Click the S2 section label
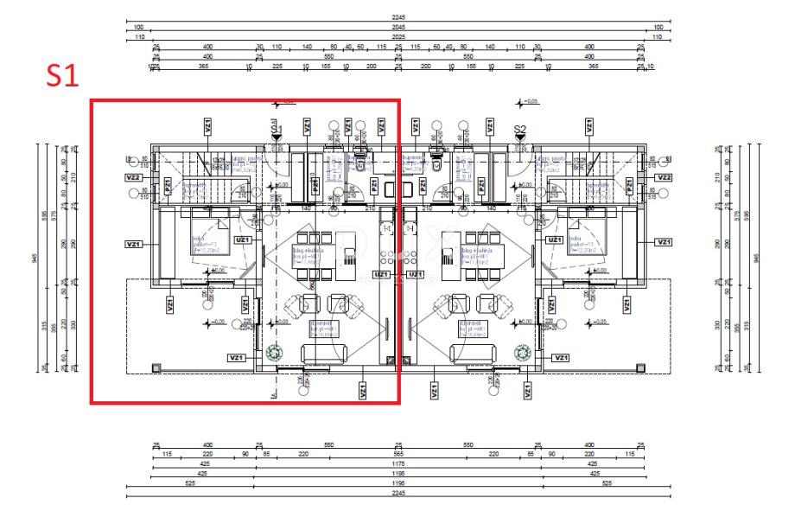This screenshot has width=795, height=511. pyautogui.click(x=520, y=130)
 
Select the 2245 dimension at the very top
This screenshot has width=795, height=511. pyautogui.click(x=398, y=16)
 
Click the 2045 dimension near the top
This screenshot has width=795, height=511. pyautogui.click(x=398, y=27)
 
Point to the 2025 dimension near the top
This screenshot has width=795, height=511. pyautogui.click(x=398, y=37)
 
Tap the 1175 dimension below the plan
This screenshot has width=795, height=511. pyautogui.click(x=398, y=463)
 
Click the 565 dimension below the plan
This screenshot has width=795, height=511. pyautogui.click(x=398, y=454)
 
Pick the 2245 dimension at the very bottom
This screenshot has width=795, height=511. pyautogui.click(x=398, y=493)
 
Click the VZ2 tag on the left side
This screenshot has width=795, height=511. pyautogui.click(x=133, y=177)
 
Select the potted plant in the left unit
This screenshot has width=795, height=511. pyautogui.click(x=276, y=352)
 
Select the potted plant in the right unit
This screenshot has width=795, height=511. pyautogui.click(x=521, y=352)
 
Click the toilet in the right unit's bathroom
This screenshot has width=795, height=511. pyautogui.click(x=437, y=163)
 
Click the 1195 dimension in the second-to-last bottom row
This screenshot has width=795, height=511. pyautogui.click(x=398, y=474)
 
